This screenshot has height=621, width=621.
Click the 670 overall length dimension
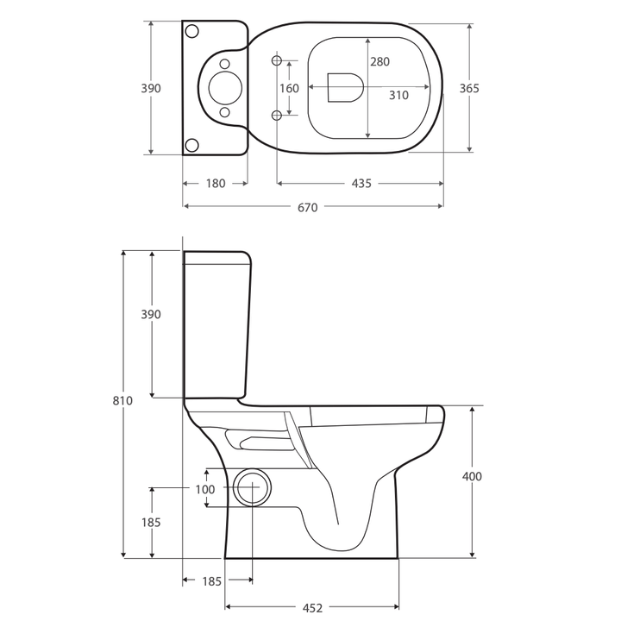click(x=308, y=207)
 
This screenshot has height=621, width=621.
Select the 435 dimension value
click(x=361, y=184)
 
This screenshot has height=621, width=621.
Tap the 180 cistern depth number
click(x=215, y=184)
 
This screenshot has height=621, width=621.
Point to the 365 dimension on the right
click(x=469, y=88)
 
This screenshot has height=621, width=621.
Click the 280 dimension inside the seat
click(x=379, y=62)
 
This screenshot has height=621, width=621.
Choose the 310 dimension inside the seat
click(x=398, y=96)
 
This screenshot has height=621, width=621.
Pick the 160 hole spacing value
click(x=289, y=88)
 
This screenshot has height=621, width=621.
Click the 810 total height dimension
click(x=123, y=401)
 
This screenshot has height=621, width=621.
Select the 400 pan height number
click(x=472, y=476)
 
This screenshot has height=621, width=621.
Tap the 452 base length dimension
click(x=312, y=607)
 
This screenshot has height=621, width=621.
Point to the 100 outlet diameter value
click(x=204, y=489)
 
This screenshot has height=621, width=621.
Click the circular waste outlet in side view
click(x=250, y=488)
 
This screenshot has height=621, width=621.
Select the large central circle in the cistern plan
click(x=223, y=87)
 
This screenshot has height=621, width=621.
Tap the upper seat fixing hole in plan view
click(x=277, y=60)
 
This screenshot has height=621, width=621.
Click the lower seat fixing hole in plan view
click(x=277, y=116)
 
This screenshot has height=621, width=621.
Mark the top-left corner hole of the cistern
click(x=192, y=31)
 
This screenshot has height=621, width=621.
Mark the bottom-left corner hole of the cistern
click(x=192, y=143)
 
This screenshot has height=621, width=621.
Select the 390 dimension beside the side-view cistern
click(x=151, y=315)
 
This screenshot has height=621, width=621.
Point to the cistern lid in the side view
click(x=217, y=256)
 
